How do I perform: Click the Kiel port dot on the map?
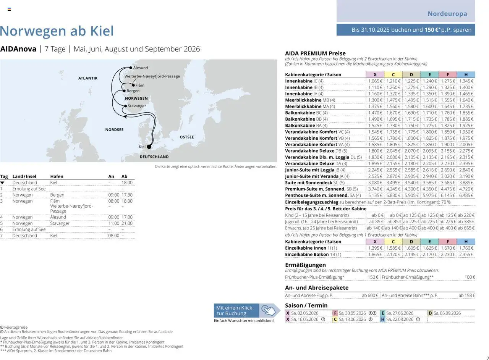(149, 147)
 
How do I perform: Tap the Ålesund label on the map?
(141, 68)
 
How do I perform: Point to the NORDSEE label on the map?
(114, 130)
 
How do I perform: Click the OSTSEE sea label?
(187, 137)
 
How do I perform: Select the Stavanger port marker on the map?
(125, 106)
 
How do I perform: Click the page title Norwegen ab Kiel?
(57, 31)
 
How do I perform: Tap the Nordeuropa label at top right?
(447, 14)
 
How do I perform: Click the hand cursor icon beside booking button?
(270, 310)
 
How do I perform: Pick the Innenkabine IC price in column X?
(375, 81)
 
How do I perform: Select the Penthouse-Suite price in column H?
(466, 195)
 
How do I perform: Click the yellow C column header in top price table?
(393, 74)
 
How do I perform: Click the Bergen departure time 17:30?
(127, 195)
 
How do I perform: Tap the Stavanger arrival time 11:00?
(114, 223)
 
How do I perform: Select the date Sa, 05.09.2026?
(447, 313)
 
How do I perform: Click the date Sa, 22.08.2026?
(400, 320)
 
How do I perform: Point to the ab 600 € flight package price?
(370, 295)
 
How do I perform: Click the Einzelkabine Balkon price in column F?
(448, 254)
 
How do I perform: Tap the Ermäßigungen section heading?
(305, 265)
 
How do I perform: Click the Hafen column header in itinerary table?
(57, 176)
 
